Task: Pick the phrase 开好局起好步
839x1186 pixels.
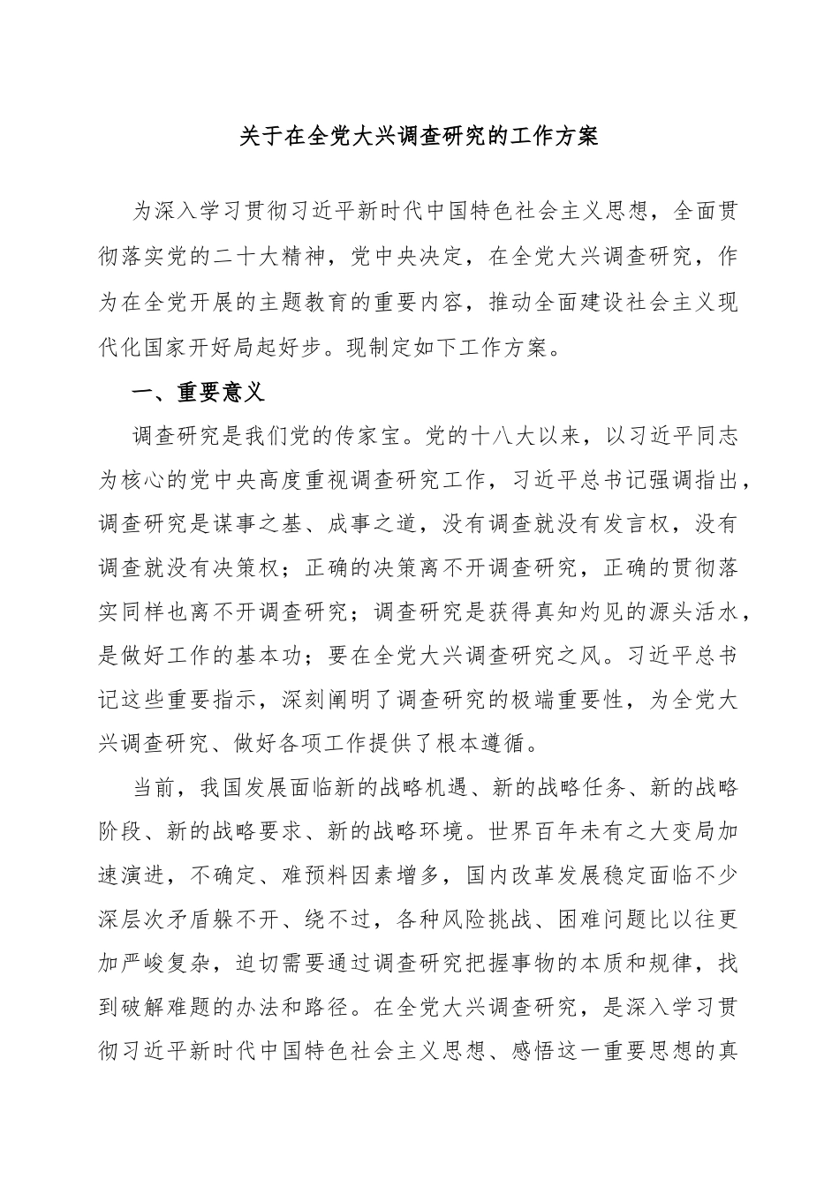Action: tap(337, 346)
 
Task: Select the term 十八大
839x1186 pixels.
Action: tap(498, 435)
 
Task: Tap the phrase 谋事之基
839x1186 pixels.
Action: tap(257, 523)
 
